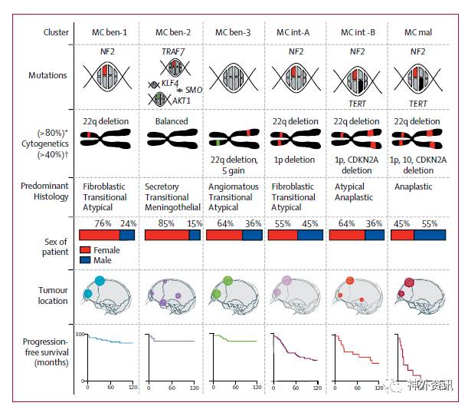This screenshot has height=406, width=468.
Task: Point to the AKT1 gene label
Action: [182, 99]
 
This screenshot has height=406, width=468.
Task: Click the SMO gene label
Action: [194, 91]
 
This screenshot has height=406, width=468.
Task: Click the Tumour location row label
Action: [54, 295]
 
